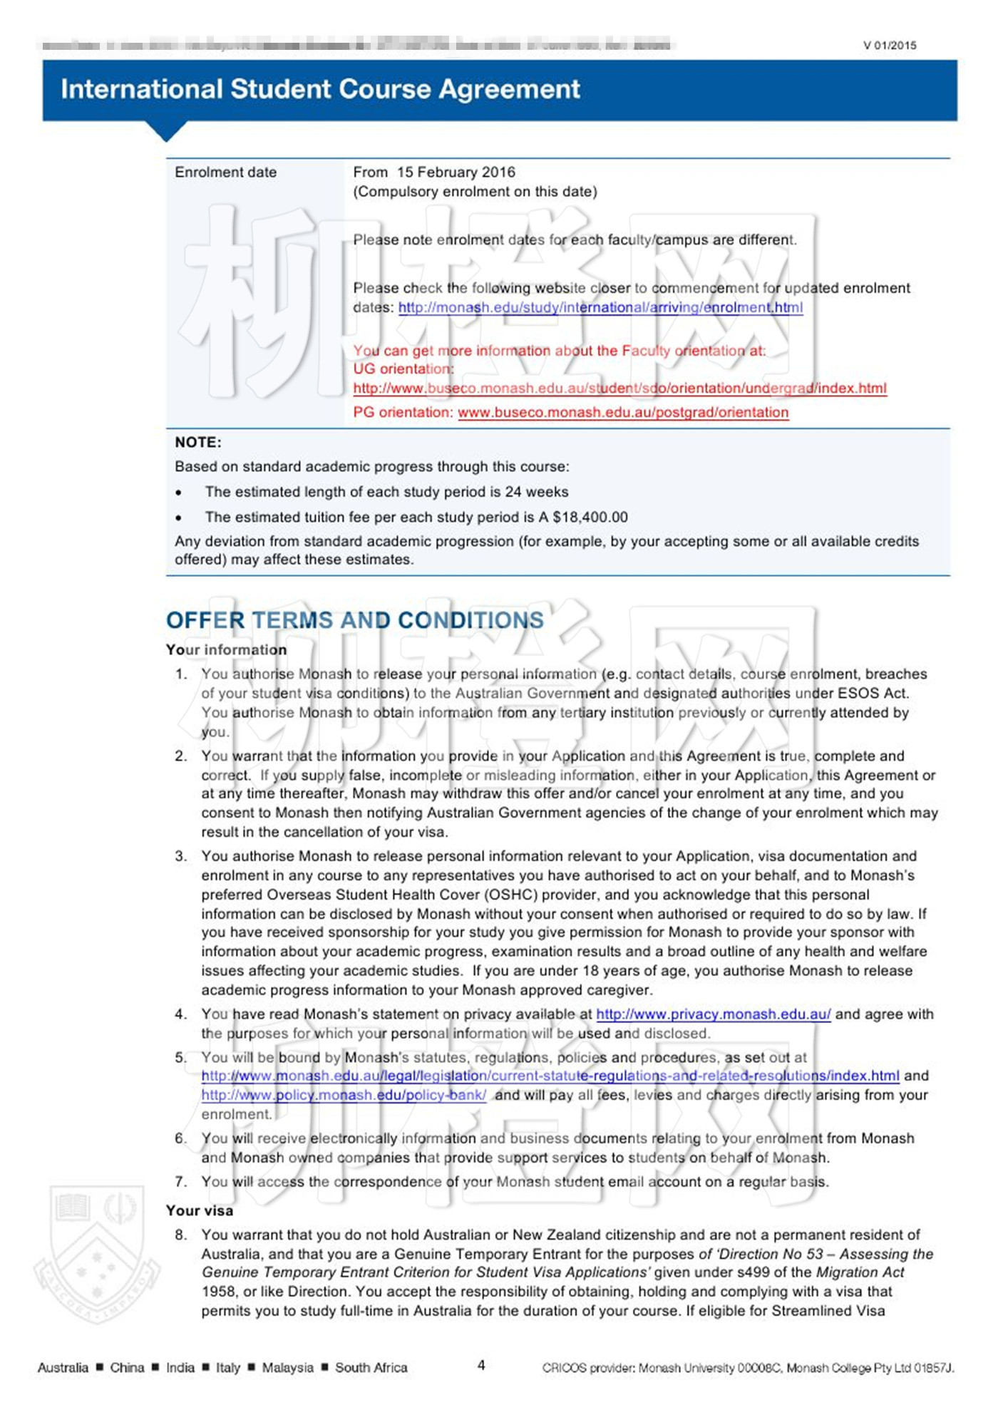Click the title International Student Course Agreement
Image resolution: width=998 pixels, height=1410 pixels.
(x=320, y=89)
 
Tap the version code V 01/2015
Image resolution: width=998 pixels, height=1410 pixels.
(x=890, y=46)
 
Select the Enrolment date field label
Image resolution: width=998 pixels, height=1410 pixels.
(x=225, y=173)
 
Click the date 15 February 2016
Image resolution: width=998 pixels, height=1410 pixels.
(x=456, y=173)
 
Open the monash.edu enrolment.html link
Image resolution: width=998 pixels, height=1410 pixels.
(x=600, y=308)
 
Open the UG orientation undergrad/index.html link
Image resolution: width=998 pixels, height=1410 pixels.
(x=619, y=388)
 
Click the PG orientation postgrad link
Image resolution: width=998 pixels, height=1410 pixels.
(x=623, y=413)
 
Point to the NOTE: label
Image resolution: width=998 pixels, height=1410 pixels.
(x=198, y=443)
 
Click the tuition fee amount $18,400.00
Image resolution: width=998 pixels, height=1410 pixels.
(x=590, y=518)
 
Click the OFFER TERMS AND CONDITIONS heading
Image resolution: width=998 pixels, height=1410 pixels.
(x=355, y=621)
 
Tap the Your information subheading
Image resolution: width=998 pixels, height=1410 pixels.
(x=226, y=650)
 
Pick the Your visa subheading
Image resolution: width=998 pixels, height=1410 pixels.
(x=200, y=1210)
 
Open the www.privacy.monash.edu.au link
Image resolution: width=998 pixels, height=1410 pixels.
(x=713, y=1014)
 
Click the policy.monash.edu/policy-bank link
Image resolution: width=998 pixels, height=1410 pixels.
(x=344, y=1096)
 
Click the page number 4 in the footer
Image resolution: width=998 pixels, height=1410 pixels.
(x=481, y=1365)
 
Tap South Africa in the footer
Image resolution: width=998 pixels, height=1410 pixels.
(x=371, y=1367)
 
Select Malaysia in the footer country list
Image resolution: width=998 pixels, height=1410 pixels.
(x=287, y=1367)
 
